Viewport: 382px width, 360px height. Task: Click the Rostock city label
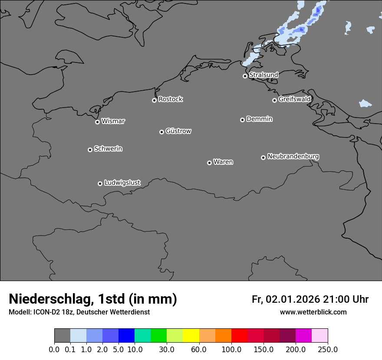(170, 99)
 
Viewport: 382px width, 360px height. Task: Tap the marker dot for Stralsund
(245, 76)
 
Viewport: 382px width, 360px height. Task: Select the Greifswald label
(294, 99)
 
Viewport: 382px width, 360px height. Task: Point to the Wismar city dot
(97, 122)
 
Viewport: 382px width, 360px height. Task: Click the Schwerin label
(108, 149)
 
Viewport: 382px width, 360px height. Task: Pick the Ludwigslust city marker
(100, 183)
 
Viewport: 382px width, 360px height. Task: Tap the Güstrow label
(178, 131)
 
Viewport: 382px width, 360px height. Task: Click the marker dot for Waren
(209, 163)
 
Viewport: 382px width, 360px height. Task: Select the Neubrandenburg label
(293, 156)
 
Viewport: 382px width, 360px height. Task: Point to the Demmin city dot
(242, 120)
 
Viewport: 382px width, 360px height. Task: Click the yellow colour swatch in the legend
(191, 336)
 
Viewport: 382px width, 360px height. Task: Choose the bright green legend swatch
(158, 336)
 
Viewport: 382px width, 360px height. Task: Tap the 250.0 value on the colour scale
(328, 349)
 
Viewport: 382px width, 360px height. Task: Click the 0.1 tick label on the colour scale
(70, 349)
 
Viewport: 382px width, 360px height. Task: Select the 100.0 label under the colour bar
(231, 349)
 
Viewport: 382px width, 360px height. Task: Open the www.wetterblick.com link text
(313, 312)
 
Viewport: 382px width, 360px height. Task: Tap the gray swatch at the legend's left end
(62, 336)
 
